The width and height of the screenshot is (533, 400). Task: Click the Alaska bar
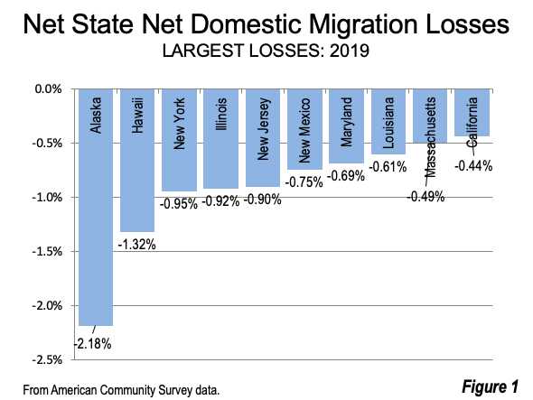[x=96, y=208]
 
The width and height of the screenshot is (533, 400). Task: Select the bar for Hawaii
[x=137, y=161]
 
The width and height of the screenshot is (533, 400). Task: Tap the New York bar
[x=179, y=140]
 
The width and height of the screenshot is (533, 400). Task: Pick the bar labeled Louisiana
[x=388, y=122]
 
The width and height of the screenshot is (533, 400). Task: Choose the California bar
[x=472, y=113]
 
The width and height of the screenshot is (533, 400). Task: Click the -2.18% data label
[x=93, y=344]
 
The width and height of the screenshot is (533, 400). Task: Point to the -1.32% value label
[x=137, y=245]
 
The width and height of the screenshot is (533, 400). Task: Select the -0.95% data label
[x=179, y=204]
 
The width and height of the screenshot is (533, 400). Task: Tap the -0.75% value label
[x=304, y=182]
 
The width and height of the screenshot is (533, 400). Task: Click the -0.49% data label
[x=425, y=197]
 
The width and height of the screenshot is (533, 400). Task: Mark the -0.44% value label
[x=473, y=166]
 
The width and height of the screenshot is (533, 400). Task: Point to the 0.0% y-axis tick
[x=48, y=89]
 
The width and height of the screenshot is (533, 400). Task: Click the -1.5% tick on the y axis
[x=47, y=252]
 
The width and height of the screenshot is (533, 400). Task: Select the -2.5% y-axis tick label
[x=47, y=359]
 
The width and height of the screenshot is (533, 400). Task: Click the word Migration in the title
[x=363, y=24]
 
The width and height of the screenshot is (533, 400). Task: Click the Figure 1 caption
[x=491, y=386]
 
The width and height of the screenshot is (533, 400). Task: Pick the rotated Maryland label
[x=346, y=122]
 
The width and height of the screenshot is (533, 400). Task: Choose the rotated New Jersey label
[x=263, y=129]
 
